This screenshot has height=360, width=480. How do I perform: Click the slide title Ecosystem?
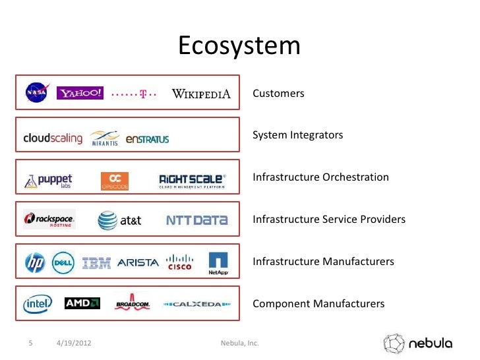click(x=239, y=46)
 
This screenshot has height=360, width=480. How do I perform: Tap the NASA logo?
click(x=36, y=92)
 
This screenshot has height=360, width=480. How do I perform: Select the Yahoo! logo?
click(x=80, y=93)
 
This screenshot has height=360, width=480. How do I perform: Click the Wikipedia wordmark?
click(x=201, y=94)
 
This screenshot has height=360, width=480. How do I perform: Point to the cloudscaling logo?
click(x=53, y=138)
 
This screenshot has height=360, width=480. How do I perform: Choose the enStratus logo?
click(x=147, y=138)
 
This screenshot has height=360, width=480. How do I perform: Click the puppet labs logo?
click(x=49, y=180)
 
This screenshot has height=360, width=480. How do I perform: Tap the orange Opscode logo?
click(x=115, y=181)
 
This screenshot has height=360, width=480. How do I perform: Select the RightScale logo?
click(x=192, y=180)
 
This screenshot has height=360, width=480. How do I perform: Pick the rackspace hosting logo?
click(x=49, y=219)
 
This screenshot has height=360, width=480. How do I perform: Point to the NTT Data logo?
click(x=196, y=220)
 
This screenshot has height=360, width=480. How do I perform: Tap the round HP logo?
click(x=34, y=262)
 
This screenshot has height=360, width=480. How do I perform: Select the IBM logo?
click(x=96, y=262)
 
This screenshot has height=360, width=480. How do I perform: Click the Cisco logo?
click(x=179, y=262)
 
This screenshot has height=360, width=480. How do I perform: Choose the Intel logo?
click(x=38, y=304)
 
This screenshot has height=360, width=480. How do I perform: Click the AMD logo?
click(x=82, y=303)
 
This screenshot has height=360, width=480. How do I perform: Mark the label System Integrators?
click(x=298, y=135)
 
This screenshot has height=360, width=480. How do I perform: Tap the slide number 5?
click(x=30, y=344)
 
